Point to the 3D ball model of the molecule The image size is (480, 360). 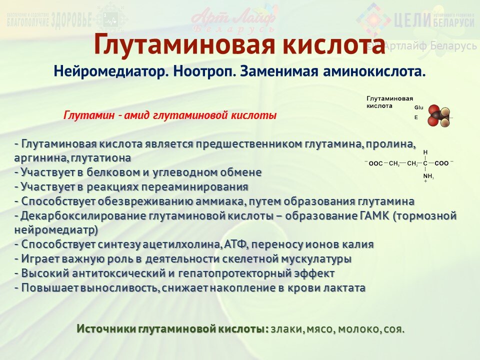coord(439,116)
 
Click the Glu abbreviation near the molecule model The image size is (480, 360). coord(418,107)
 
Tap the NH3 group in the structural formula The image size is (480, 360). coord(428,176)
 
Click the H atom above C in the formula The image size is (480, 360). coord(425,152)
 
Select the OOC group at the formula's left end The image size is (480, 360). coord(375,163)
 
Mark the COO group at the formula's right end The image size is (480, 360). coord(441,163)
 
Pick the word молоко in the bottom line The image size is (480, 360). coord(358,329)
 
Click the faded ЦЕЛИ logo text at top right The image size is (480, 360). coord(412,20)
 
